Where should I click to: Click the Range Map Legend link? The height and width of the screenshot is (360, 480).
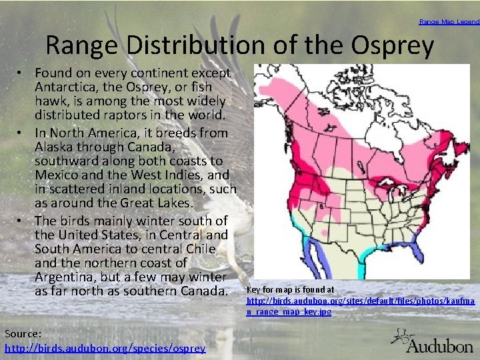point(449,22)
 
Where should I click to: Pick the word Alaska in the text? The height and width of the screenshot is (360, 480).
point(55,147)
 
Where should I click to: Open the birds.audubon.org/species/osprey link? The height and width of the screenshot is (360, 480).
point(105,347)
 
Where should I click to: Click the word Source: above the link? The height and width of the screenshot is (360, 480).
point(23,333)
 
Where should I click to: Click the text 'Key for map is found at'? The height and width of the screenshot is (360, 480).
point(290,290)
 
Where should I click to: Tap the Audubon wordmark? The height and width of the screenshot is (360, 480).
point(439,347)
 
